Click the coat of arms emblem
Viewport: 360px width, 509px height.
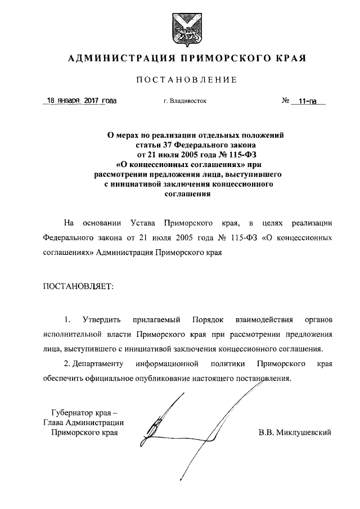point(179,28)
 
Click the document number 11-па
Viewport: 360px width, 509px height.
point(308,102)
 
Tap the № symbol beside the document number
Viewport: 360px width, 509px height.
point(285,102)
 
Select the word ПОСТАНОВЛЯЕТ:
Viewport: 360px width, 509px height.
point(78,286)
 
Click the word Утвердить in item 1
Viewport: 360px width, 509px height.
point(101,321)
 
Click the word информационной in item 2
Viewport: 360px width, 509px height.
point(169,363)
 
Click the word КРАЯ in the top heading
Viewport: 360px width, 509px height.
point(291,58)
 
